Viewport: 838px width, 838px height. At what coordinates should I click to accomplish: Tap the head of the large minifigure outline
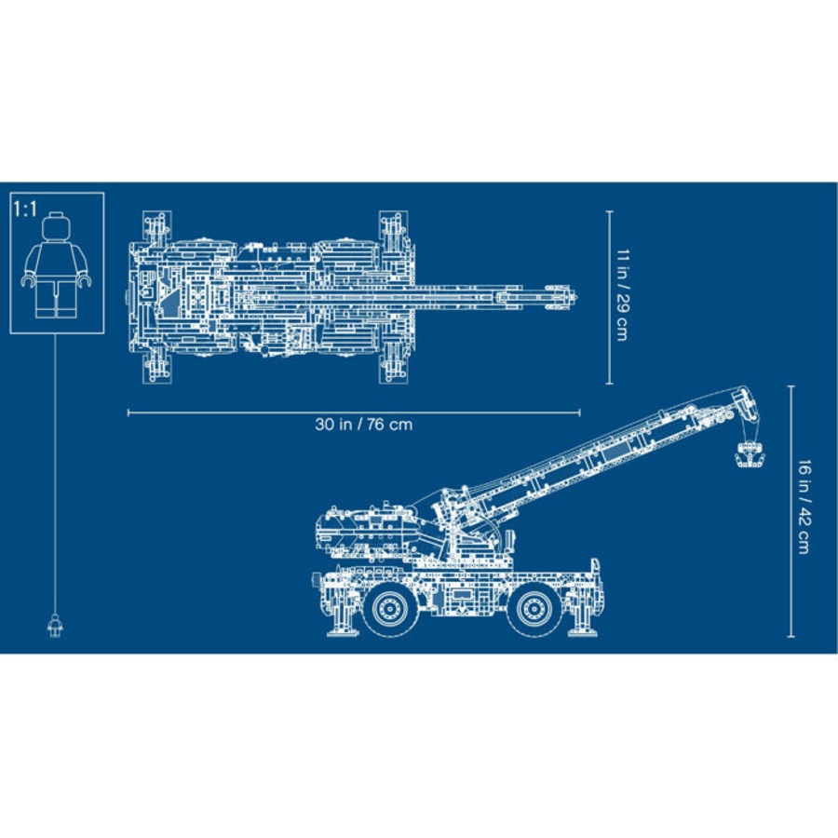[x=56, y=226]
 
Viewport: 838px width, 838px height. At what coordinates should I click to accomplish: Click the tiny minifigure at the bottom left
[x=55, y=625]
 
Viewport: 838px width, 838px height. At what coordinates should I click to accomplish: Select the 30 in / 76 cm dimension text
[x=363, y=425]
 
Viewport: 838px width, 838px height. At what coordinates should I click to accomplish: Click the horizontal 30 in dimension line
[x=233, y=411]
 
